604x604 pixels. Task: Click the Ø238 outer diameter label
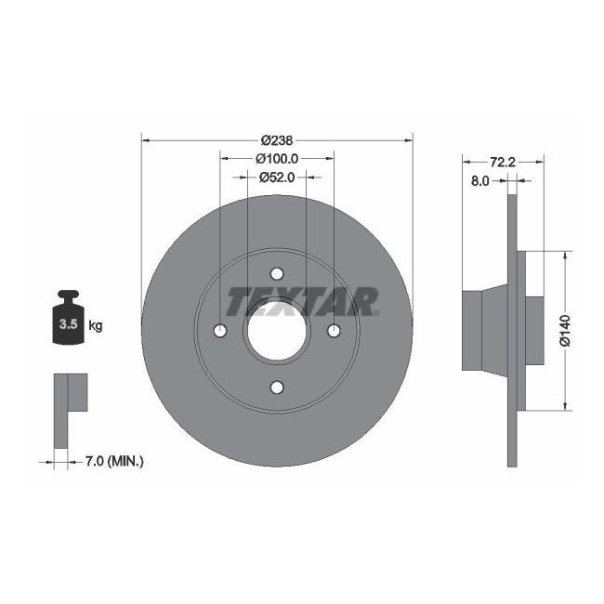coord(277,139)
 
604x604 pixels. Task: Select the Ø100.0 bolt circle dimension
coord(276,158)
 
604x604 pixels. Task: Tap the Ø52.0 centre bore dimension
coord(276,177)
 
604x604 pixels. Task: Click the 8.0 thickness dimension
coord(480,181)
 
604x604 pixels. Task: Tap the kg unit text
coord(95,326)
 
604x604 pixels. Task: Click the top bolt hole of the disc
coord(277,274)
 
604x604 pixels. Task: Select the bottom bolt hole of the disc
coord(277,387)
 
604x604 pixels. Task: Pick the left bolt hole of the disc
coord(220,332)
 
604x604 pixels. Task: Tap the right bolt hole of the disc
coord(334,332)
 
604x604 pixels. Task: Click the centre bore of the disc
coord(277,332)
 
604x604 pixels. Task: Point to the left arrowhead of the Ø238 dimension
coord(145,140)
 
